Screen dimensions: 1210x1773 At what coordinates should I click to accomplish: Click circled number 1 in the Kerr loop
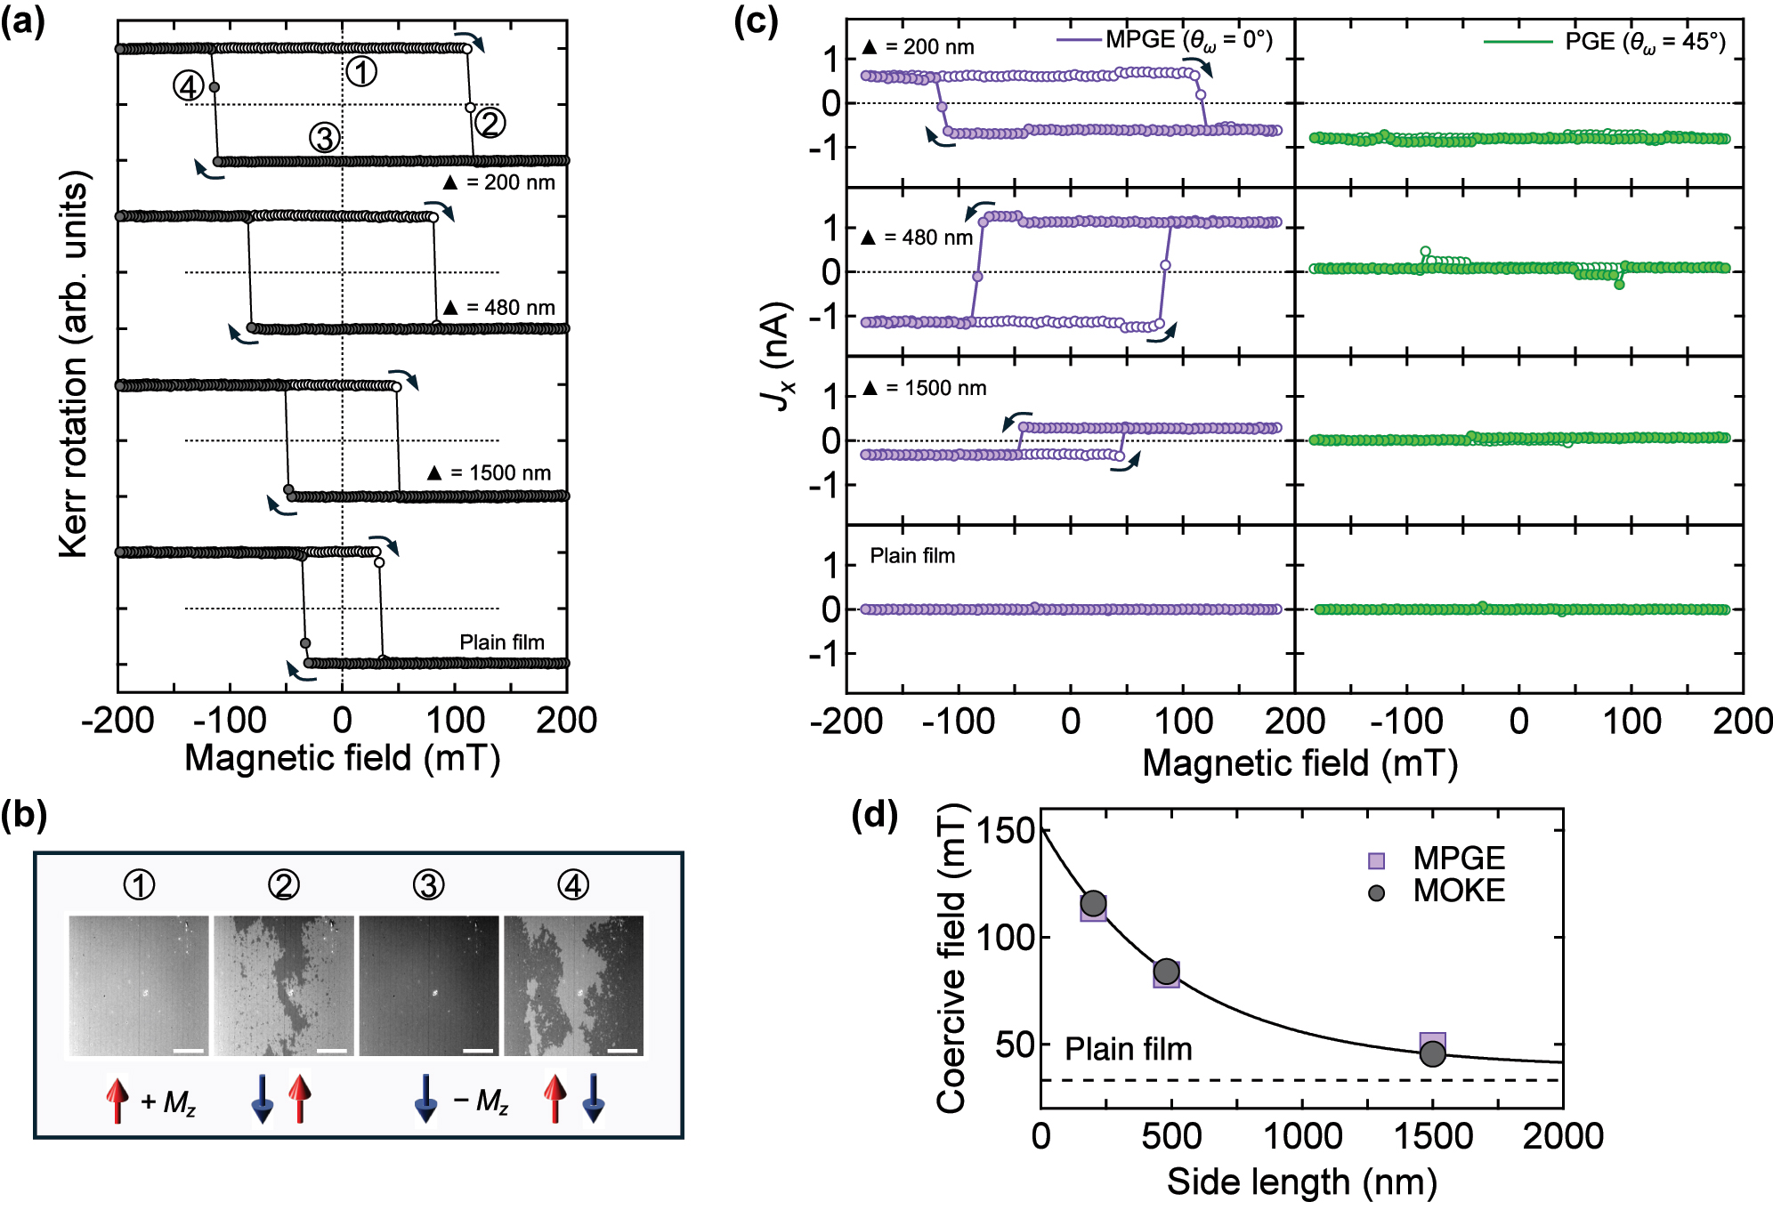pos(360,71)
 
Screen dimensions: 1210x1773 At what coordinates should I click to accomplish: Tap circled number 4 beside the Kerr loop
pos(189,87)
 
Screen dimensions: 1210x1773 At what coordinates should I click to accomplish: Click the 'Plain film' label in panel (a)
pos(502,641)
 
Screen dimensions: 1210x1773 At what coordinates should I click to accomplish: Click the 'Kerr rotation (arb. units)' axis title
pos(75,365)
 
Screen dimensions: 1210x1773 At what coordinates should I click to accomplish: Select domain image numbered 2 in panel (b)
pos(284,986)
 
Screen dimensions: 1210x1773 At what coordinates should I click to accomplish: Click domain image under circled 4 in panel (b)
pos(574,986)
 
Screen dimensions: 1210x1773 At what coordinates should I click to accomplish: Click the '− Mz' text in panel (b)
pos(481,1101)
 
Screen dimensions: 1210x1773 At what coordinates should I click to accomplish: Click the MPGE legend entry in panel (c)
pos(1166,40)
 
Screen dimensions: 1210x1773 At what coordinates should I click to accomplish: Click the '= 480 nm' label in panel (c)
pos(918,238)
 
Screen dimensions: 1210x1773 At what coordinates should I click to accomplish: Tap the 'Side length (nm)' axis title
pos(1301,1182)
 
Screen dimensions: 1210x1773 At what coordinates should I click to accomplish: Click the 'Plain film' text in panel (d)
pos(1128,1049)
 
